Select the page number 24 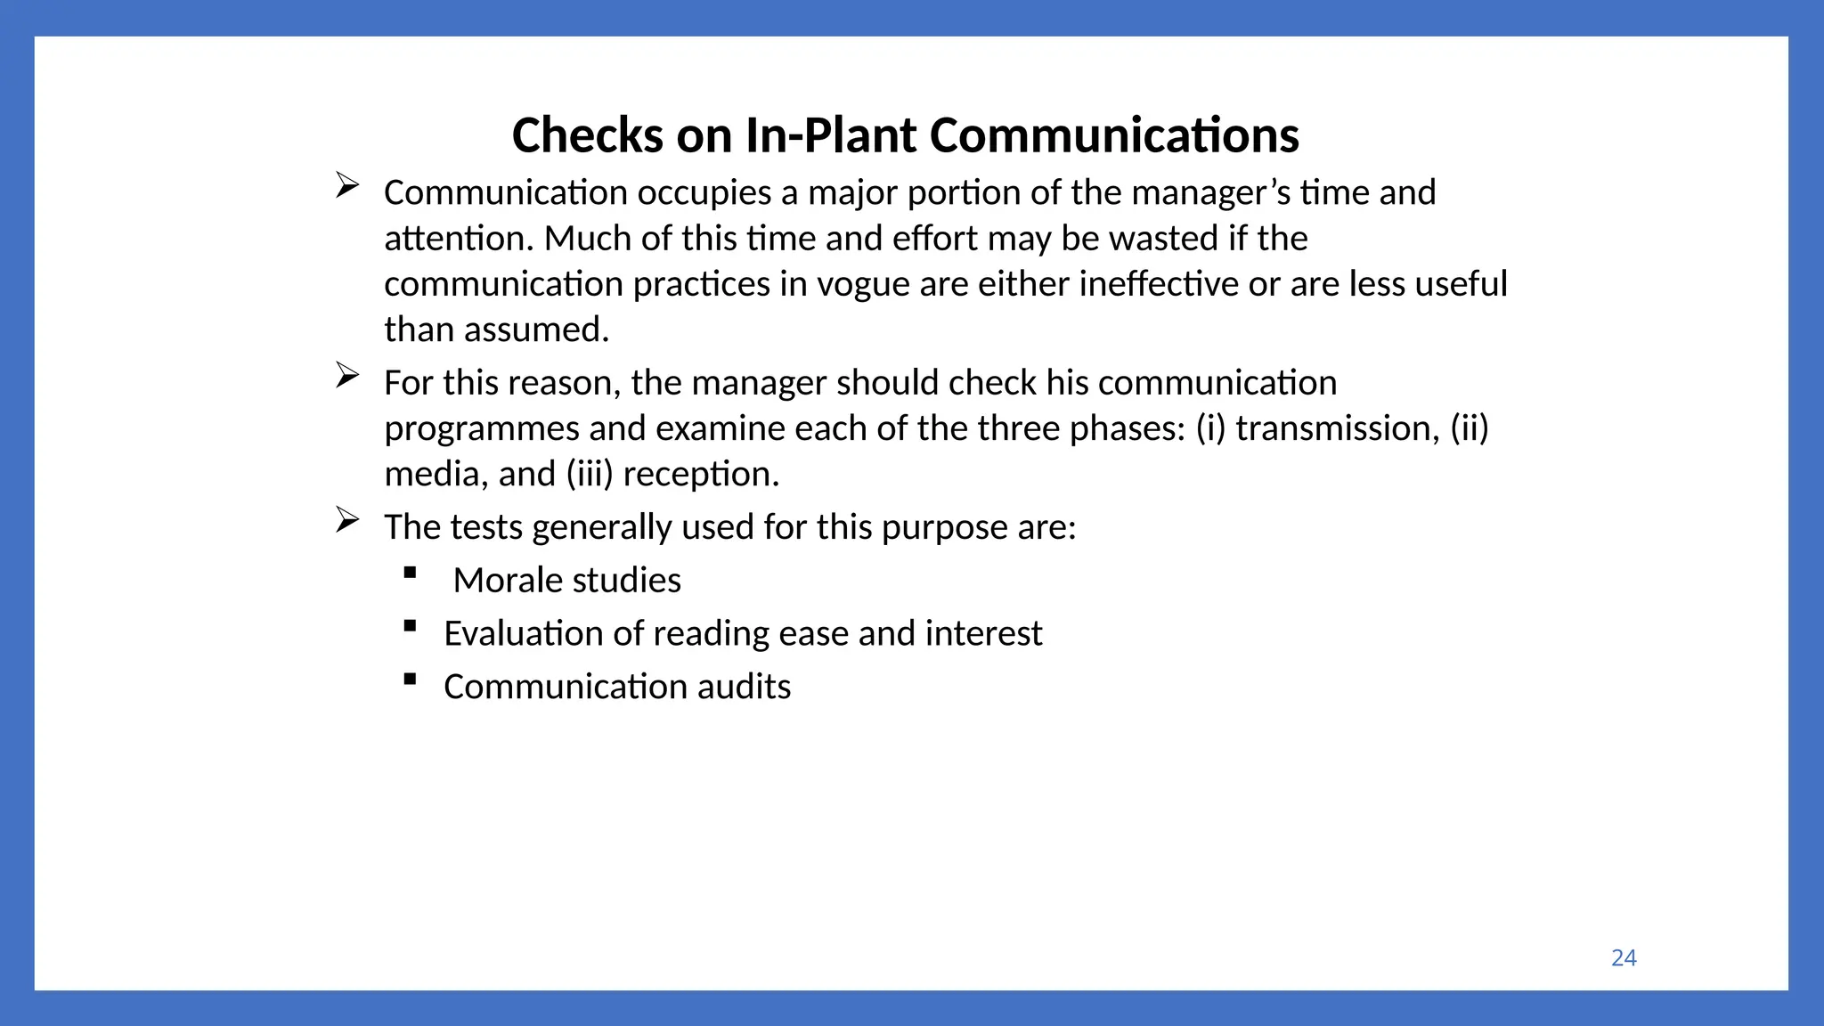1624,957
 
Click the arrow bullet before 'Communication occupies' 347,185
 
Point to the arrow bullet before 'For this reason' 347,376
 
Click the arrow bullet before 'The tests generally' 347,520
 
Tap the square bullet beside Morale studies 410,573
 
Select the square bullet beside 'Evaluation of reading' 410,626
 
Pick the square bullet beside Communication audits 410,680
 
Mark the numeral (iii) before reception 590,475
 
